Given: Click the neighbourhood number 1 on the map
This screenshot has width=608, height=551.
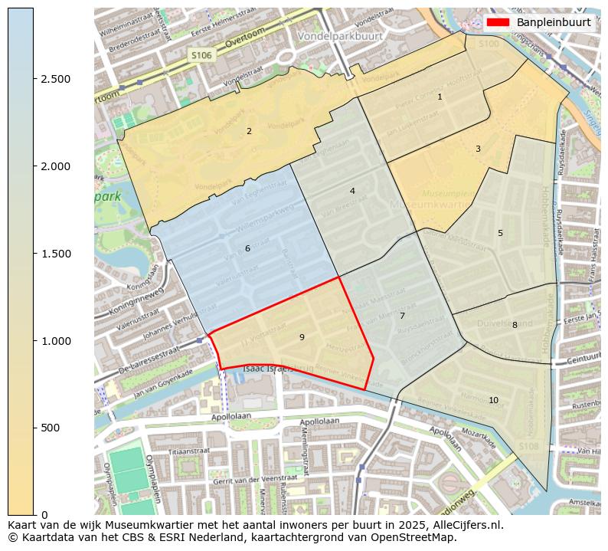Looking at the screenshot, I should point(440,97).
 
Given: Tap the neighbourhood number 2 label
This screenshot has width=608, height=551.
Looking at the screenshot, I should point(249,132).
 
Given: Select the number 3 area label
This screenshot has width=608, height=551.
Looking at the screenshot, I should point(478,149).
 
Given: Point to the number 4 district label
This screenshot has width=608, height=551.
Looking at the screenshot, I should point(352,191).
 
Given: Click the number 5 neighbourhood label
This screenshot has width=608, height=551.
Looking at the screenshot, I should point(500,233).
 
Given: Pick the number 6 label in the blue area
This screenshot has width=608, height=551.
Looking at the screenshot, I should point(247,248).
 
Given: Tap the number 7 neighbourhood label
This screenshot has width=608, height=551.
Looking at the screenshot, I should point(402,316).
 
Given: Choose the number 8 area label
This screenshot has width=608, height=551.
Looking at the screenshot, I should point(515,325).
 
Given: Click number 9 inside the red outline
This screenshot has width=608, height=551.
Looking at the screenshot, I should point(302,337).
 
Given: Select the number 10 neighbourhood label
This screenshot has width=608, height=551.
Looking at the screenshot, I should point(493,400).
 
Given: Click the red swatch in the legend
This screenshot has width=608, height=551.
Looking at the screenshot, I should point(498,22).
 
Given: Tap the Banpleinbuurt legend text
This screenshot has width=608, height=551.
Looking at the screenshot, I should point(553,22).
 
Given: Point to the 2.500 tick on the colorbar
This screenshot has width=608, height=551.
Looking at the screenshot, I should point(55,79).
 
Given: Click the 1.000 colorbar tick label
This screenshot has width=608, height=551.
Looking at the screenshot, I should point(55,340).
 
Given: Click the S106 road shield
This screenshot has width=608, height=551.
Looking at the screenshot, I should point(201,55).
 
